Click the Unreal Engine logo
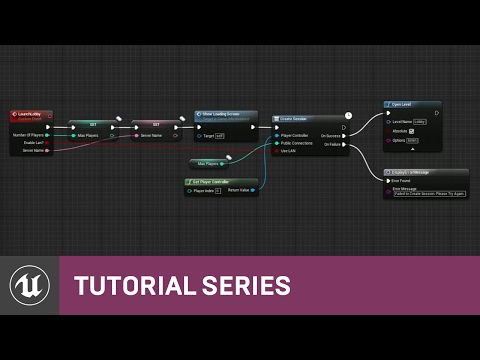point(30,285)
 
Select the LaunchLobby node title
point(30,115)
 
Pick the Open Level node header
point(406,103)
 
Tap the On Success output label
point(331,135)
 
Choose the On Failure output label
point(331,143)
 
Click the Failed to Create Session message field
point(416,194)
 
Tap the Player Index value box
point(217,190)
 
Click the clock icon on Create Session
point(348,116)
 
